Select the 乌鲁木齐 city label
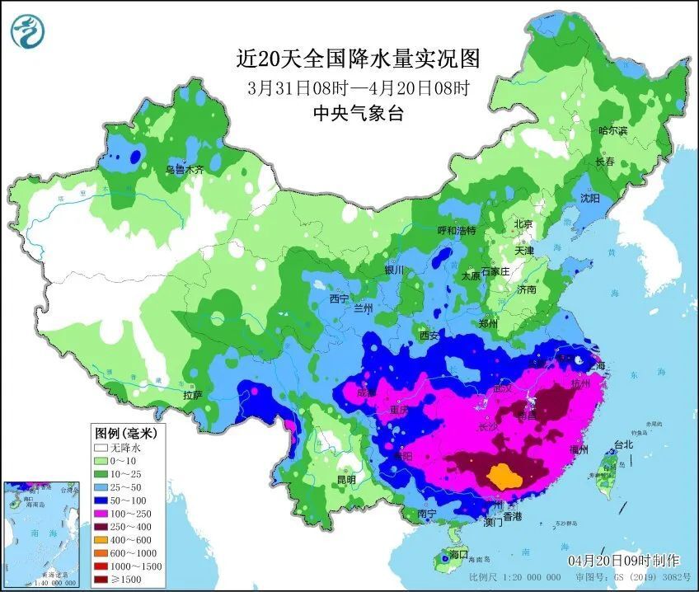tap(184, 169)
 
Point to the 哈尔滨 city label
tap(612, 131)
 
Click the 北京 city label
tap(523, 224)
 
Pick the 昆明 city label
tap(345, 479)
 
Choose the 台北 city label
tap(622, 444)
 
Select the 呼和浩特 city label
tap(456, 231)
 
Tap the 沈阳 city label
tap(589, 199)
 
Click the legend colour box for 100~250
tap(101, 513)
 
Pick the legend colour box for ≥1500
tap(101, 580)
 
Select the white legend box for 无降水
tap(101, 447)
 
